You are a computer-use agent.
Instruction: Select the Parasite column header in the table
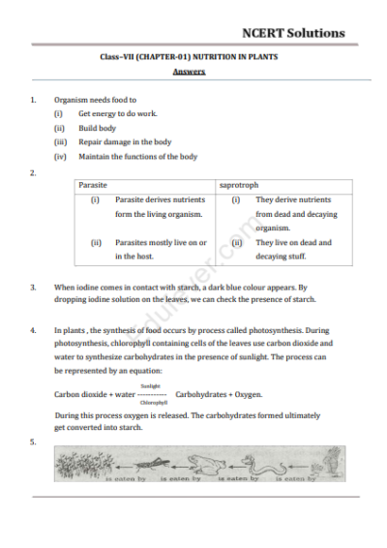[x=94, y=184]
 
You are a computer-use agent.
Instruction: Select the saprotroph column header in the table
[x=238, y=184]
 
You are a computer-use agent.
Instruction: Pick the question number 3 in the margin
[x=34, y=288]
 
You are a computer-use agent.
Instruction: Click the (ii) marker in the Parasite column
[x=96, y=243]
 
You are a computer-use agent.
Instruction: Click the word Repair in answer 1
[x=92, y=142]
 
